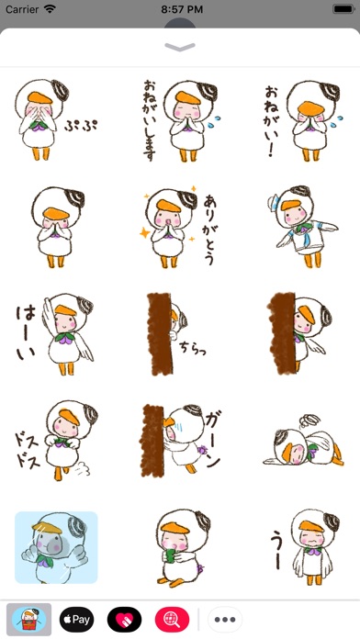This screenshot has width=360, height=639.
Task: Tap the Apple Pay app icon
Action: pyautogui.click(x=76, y=620)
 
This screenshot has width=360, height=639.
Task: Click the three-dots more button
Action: pyautogui.click(x=225, y=620)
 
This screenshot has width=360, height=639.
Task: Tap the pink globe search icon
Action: pyautogui.click(x=172, y=620)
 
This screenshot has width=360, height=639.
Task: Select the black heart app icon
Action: pyautogui.click(x=124, y=620)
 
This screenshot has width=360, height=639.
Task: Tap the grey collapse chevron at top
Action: pyautogui.click(x=180, y=47)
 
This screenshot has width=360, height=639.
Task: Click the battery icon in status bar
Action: pyautogui.click(x=343, y=9)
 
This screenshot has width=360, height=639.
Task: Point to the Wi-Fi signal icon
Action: pyautogui.click(x=51, y=9)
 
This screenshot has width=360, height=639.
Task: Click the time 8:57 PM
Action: pyautogui.click(x=182, y=9)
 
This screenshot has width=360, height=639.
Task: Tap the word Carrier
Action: pyautogui.click(x=23, y=9)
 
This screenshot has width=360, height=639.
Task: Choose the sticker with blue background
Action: pyautogui.click(x=56, y=547)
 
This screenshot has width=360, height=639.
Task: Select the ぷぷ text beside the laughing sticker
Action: pyautogui.click(x=81, y=125)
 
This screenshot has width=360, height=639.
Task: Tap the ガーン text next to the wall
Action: pyautogui.click(x=213, y=440)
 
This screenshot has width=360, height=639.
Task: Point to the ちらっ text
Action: pyautogui.click(x=193, y=349)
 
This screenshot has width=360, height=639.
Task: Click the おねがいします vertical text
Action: pyautogui.click(x=149, y=119)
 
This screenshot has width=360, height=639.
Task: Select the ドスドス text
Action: pyautogui.click(x=28, y=450)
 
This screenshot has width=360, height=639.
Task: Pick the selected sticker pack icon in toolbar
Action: pyautogui.click(x=29, y=620)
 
